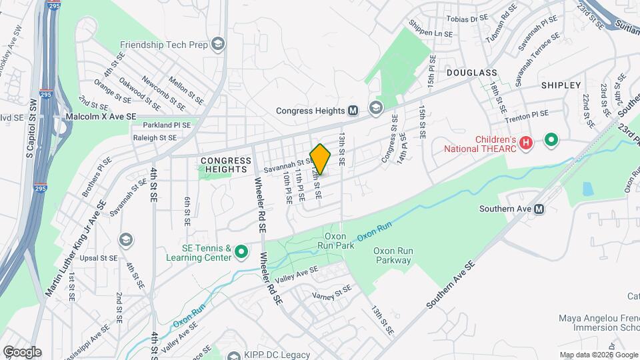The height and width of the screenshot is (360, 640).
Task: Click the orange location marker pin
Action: (x=321, y=159)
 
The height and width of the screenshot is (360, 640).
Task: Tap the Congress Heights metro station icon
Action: (x=353, y=110)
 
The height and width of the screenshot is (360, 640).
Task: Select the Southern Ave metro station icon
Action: (x=539, y=209)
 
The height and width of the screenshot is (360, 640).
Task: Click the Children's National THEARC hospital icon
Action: (x=526, y=142)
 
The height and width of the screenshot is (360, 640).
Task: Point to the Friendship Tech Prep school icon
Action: (x=218, y=45)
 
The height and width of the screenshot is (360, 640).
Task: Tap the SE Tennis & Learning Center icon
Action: (x=241, y=253)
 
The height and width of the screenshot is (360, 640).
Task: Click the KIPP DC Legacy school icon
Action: (x=233, y=355)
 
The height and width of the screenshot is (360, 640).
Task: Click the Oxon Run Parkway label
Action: (x=393, y=255)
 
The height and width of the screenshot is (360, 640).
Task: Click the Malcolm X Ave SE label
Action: (x=101, y=116)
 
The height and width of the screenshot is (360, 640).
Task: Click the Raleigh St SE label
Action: (x=155, y=137)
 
